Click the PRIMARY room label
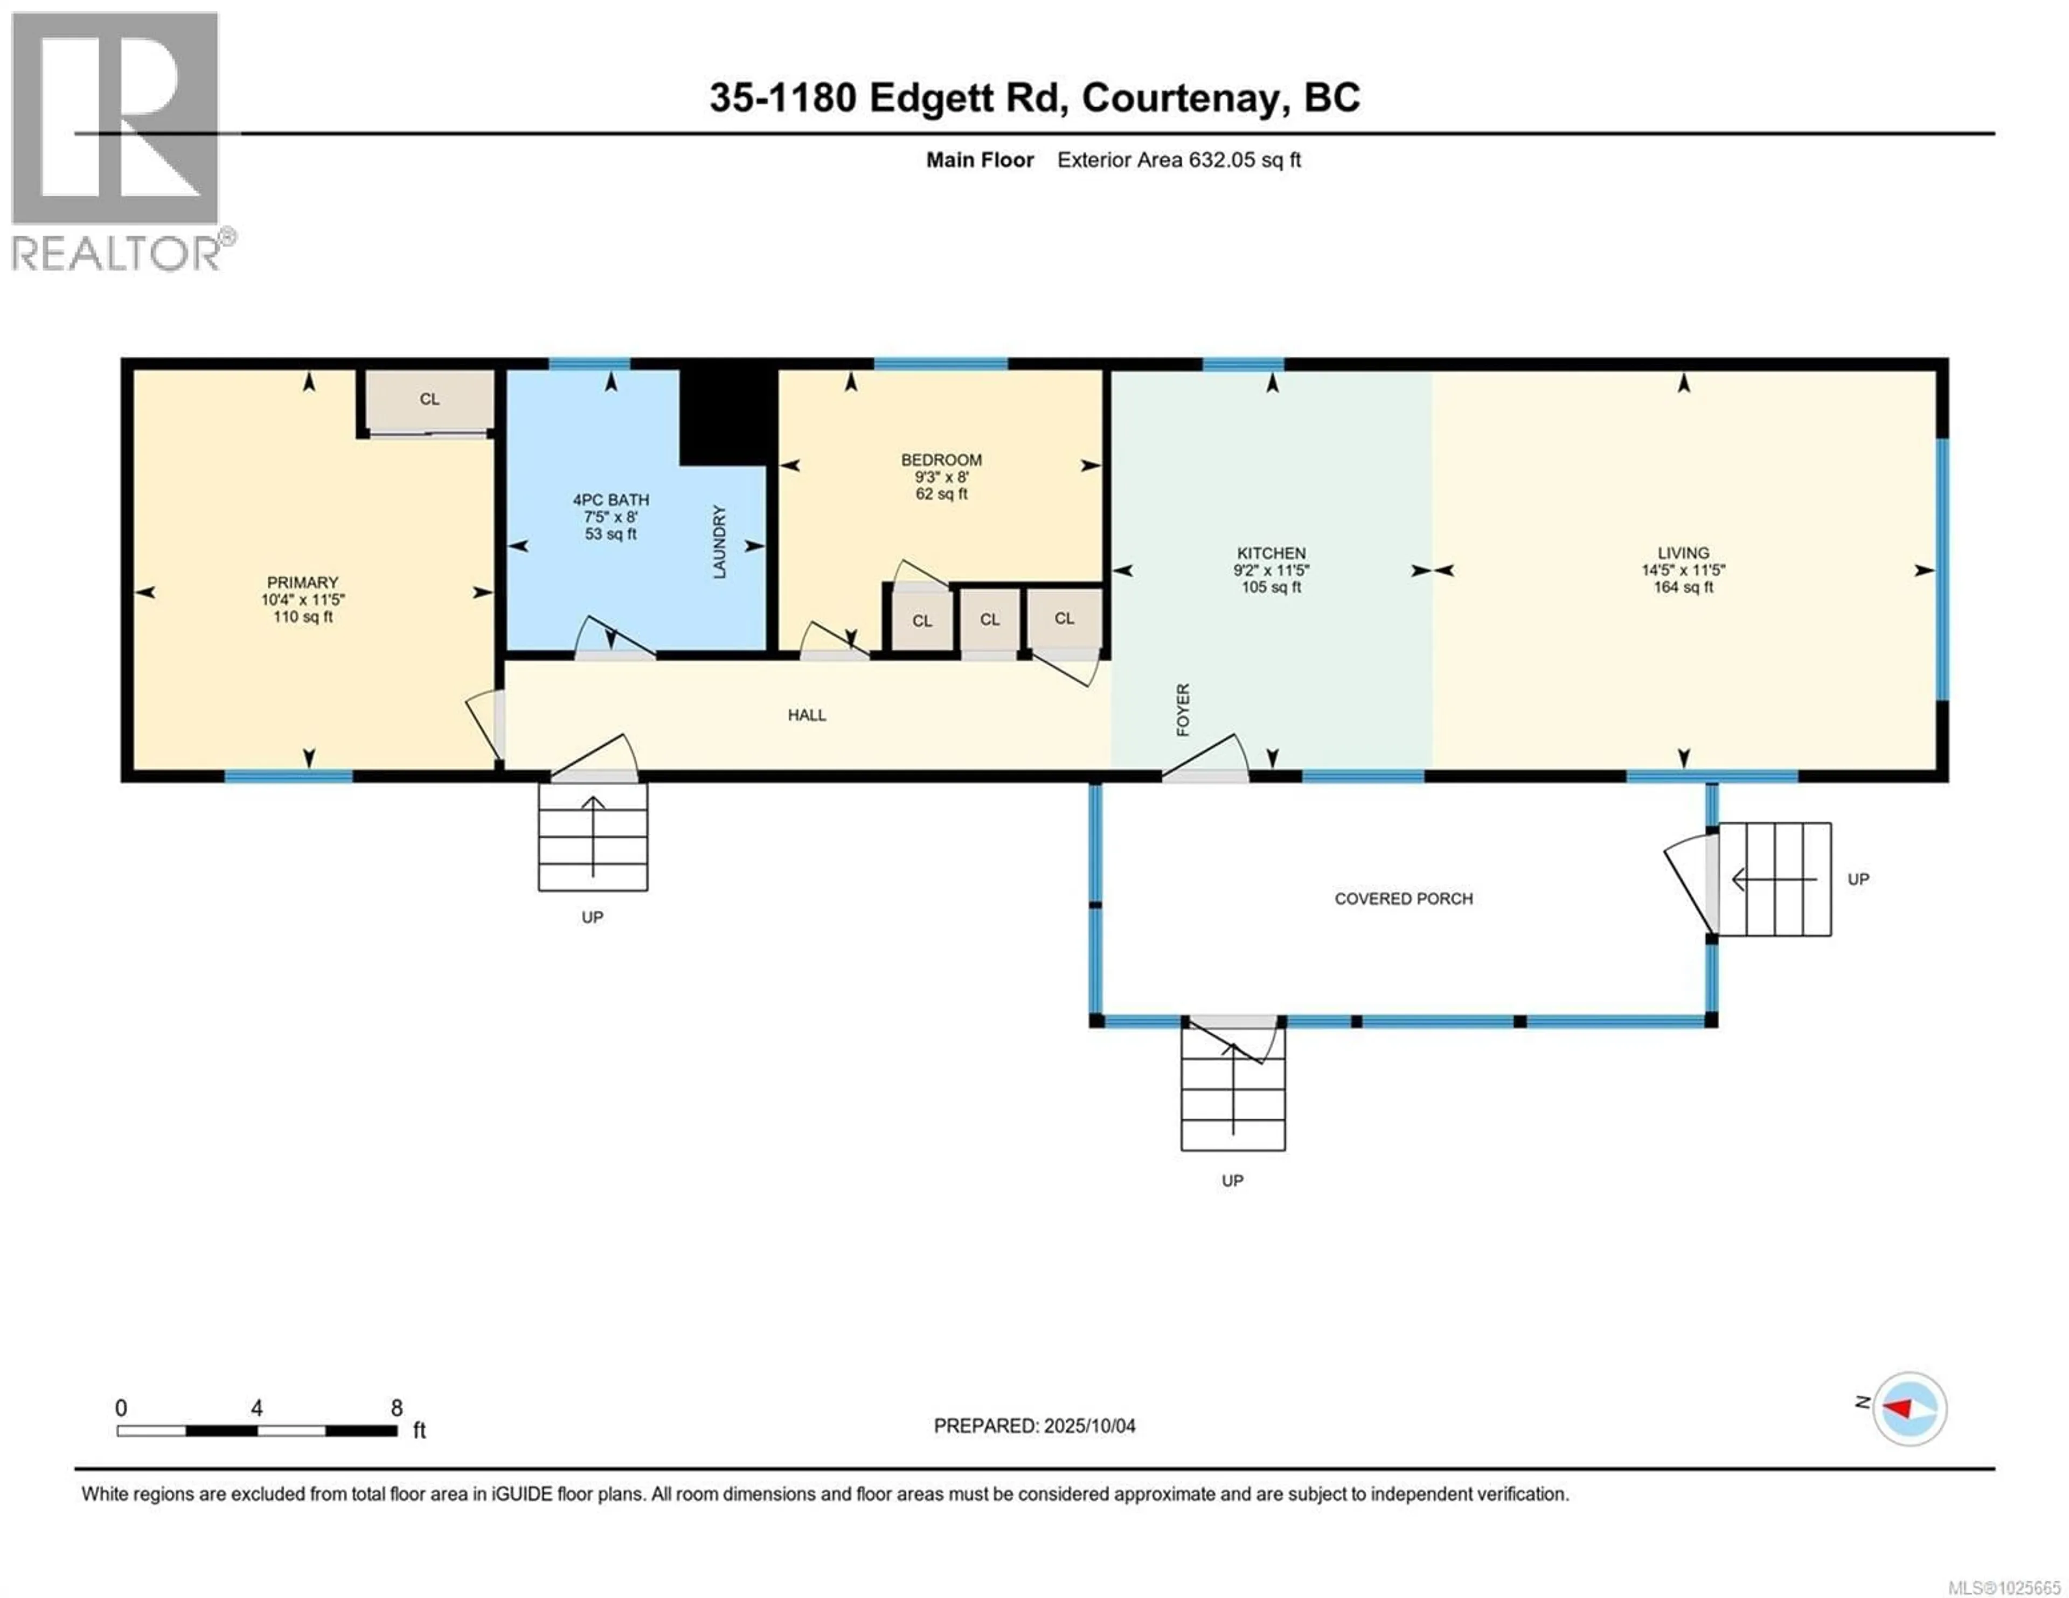pos(302,599)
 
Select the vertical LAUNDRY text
pos(719,542)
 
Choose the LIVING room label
pos(1683,569)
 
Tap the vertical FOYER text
pos(1182,709)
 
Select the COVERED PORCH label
pos(1403,898)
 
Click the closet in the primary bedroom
pos(429,399)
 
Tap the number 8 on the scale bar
pos(397,1407)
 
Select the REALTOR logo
pos(116,142)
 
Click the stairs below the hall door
pos(593,836)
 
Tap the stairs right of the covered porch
pos(1774,879)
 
